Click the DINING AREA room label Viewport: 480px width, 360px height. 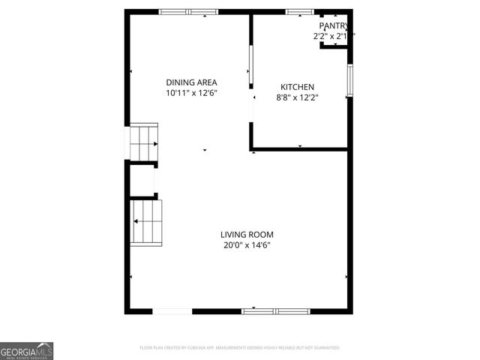pos(191,82)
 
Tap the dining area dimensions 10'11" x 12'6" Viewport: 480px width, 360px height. pos(191,93)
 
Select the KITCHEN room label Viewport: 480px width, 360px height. pos(297,87)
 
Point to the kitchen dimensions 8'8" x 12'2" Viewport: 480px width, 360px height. pos(297,97)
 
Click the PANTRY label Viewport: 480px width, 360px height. pos(334,26)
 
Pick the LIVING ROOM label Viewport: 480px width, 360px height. pos(247,234)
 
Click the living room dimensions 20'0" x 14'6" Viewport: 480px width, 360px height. pos(247,244)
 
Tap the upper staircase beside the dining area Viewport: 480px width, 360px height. pos(144,142)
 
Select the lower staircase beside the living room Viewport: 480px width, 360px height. pos(147,222)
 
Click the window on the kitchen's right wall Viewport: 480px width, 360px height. pos(349,80)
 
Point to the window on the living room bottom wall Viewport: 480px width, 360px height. pos(275,310)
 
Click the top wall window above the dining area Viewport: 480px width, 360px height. pos(188,12)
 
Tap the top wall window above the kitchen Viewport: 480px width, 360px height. pos(300,12)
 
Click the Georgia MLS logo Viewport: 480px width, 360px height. pos(27,351)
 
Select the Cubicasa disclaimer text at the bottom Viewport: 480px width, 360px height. pos(240,348)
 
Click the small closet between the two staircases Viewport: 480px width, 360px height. pos(142,180)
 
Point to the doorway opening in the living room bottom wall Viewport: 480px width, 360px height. pos(172,310)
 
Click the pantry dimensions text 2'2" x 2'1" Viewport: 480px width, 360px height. pos(333,36)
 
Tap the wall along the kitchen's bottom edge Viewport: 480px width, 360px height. pos(300,148)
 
